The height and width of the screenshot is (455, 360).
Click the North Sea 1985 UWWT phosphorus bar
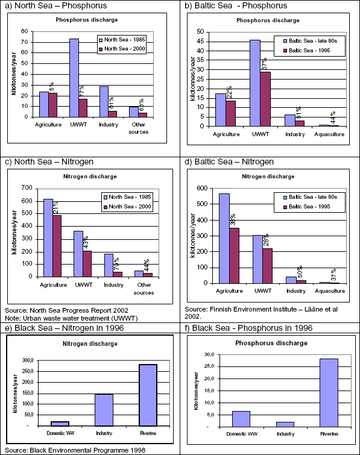[x=74, y=78]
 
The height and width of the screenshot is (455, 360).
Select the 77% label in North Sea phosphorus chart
[x=82, y=91]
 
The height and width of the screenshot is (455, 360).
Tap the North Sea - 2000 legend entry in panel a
[x=122, y=49]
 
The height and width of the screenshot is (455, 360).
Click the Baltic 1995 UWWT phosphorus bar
[x=265, y=99]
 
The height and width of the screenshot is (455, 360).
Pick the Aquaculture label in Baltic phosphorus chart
[x=329, y=134]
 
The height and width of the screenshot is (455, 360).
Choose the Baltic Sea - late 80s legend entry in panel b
[x=311, y=41]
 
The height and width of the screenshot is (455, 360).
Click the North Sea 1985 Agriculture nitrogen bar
[x=48, y=237]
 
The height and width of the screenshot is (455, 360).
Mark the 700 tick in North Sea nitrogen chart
[x=27, y=188]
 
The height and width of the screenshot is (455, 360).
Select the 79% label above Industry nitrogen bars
[x=116, y=264]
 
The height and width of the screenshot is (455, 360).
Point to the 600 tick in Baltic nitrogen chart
[x=202, y=188]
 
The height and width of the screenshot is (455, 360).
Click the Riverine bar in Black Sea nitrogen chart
[x=148, y=395]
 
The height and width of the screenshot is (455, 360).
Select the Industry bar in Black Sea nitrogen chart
[x=104, y=410]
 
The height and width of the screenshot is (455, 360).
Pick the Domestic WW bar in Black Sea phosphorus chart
[x=241, y=419]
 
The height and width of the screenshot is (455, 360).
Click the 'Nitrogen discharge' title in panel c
[x=90, y=177]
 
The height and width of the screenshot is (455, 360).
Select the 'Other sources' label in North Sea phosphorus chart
[x=139, y=128]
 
